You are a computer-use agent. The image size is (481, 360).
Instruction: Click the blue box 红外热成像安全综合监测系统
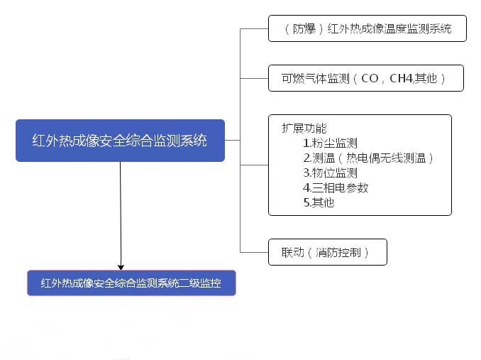[x=121, y=141]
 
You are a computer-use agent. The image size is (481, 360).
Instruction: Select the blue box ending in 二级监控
[x=131, y=283]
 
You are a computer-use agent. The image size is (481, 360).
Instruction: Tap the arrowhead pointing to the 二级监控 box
[x=121, y=267]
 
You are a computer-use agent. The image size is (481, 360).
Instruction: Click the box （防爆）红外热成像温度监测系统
[x=367, y=28]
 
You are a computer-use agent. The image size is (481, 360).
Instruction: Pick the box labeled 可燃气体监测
[x=366, y=78]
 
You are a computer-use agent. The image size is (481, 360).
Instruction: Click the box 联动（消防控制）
[x=328, y=252]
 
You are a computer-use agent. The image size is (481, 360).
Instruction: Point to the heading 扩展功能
[x=304, y=129]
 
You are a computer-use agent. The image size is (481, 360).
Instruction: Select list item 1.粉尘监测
[x=330, y=143]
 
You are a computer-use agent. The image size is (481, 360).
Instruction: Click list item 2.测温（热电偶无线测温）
[x=368, y=158]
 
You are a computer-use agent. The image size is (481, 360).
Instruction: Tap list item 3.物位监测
[x=330, y=173]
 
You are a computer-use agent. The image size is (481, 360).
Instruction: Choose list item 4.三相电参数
[x=336, y=187]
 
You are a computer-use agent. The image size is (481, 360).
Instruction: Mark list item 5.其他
[x=319, y=202]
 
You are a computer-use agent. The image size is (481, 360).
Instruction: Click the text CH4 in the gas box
[x=402, y=78]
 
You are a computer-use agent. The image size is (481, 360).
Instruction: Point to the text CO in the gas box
[x=370, y=79]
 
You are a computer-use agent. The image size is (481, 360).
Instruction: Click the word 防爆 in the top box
[x=304, y=29]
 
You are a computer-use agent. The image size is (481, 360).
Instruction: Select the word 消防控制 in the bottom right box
[x=338, y=253]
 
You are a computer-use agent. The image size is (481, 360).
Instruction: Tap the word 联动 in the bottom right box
[x=293, y=253]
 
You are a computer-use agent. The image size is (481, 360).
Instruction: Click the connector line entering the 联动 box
[x=254, y=252]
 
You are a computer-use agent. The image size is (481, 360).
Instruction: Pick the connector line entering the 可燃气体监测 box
[x=254, y=78]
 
